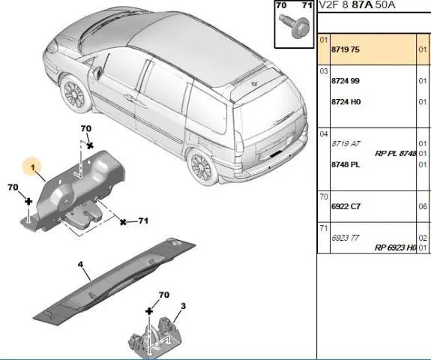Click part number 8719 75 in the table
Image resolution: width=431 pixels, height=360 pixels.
346,49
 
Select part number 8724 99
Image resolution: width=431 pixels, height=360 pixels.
346,81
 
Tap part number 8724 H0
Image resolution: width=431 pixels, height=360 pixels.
346,102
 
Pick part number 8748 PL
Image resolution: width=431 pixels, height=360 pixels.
346,165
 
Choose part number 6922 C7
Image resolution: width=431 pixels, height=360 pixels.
346,206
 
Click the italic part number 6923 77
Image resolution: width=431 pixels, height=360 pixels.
346,238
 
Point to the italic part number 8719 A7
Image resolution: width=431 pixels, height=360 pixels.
346,143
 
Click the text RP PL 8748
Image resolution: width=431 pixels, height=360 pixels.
395,154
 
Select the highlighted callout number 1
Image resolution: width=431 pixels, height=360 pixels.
33,167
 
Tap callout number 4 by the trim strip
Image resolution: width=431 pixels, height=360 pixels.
80,265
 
